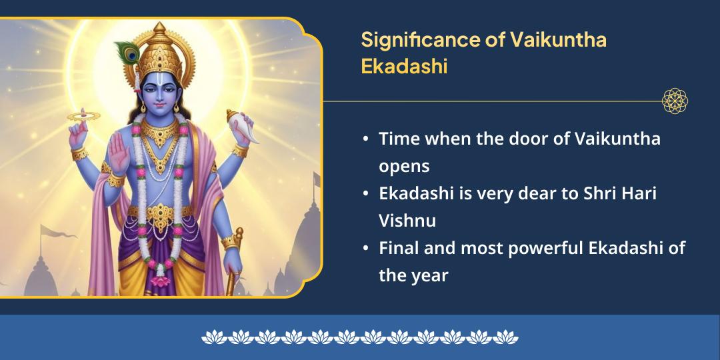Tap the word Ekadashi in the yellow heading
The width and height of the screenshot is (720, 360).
click(x=403, y=67)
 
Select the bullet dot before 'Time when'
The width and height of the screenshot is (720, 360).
click(x=366, y=139)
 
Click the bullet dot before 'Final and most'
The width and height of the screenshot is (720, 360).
click(x=366, y=249)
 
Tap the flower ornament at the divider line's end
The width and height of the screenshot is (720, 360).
click(x=674, y=101)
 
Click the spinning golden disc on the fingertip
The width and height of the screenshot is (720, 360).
click(x=83, y=116)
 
